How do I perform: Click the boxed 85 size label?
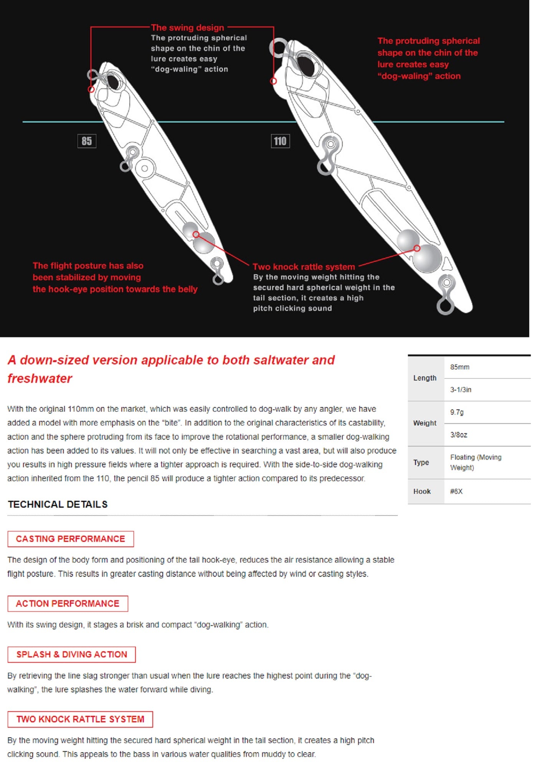click(x=87, y=141)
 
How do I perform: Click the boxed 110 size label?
click(x=280, y=141)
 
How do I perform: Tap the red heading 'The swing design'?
click(x=187, y=28)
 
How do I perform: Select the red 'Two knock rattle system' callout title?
click(x=304, y=266)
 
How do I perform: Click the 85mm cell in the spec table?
click(x=460, y=367)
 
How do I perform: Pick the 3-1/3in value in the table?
click(x=461, y=389)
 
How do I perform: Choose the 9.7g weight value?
click(x=457, y=412)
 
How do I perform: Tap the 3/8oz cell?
click(x=459, y=435)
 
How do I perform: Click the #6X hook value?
click(x=456, y=491)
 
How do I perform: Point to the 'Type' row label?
click(x=421, y=462)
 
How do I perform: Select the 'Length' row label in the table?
click(x=425, y=378)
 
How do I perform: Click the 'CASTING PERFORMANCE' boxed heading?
click(x=71, y=539)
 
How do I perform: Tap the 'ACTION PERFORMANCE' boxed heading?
click(x=68, y=603)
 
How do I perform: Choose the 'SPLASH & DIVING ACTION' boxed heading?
click(x=72, y=654)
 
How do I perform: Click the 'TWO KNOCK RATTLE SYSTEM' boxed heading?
click(x=80, y=719)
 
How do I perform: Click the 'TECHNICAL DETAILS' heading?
click(x=58, y=504)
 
